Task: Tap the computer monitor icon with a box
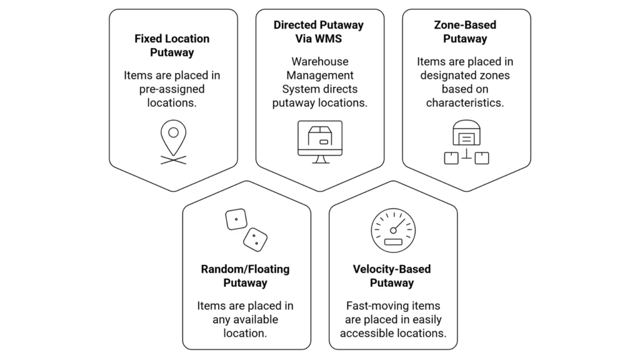(319, 141)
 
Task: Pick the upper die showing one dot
(236, 219)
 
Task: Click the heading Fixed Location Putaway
(173, 45)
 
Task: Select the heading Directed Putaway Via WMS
(319, 32)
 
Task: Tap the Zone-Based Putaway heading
(465, 32)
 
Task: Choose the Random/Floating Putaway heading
(245, 276)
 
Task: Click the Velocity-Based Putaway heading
(392, 276)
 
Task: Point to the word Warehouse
(319, 62)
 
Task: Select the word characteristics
(465, 102)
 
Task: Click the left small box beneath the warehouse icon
(451, 158)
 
